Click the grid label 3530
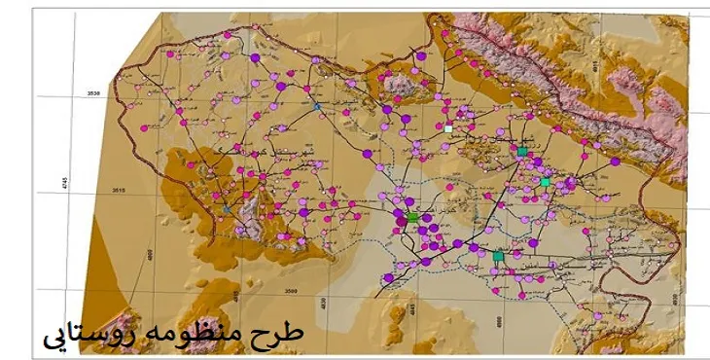pos(94,93)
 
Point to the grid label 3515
pos(94,191)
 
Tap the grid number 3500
pos(290,290)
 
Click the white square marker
pos(448,128)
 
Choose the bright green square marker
pos(412,218)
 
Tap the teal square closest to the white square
pos(522,151)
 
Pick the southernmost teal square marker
pos(498,256)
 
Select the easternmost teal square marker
pos(545,182)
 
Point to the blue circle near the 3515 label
pos(227,207)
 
